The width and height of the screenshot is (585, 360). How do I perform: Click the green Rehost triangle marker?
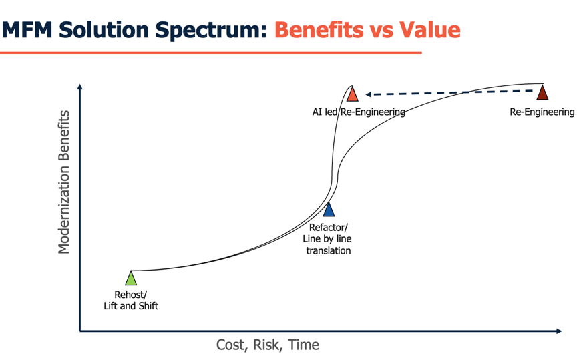(x=132, y=279)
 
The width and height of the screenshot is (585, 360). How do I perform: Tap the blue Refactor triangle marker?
(x=329, y=210)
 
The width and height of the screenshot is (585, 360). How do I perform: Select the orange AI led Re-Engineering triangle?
(x=352, y=94)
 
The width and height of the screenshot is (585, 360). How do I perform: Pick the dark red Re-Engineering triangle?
(x=542, y=93)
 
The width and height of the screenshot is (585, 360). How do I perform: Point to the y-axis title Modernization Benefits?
(x=64, y=182)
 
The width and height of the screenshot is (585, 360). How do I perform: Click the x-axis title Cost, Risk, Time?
(x=267, y=345)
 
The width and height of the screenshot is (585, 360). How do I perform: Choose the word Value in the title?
(x=430, y=30)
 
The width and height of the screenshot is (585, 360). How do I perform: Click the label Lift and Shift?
(x=131, y=306)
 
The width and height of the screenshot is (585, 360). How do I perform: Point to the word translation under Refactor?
(x=328, y=251)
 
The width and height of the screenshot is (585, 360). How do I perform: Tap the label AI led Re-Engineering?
(x=359, y=112)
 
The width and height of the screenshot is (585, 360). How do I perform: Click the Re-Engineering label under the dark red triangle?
(x=542, y=112)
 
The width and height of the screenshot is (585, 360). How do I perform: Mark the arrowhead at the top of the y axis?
(x=80, y=86)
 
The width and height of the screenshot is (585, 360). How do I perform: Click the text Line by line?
(x=327, y=239)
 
